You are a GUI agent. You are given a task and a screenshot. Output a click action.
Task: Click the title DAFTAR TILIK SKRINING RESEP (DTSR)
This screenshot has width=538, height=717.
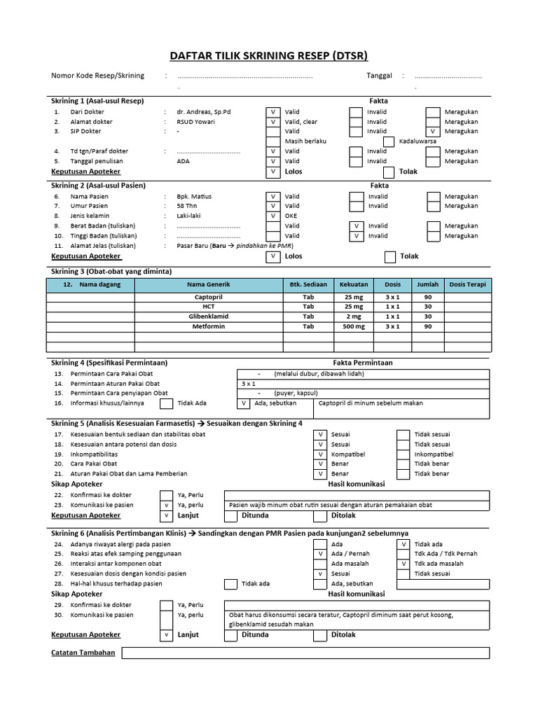click(x=269, y=56)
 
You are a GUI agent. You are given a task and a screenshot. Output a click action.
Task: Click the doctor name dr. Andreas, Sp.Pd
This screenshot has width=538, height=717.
click(x=204, y=111)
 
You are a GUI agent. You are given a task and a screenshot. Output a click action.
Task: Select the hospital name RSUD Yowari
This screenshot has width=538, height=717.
click(x=195, y=121)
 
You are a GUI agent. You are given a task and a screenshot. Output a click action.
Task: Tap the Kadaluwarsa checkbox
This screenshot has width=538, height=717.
click(x=389, y=141)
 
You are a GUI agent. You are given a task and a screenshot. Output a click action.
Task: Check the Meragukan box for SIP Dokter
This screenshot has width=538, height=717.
click(x=433, y=132)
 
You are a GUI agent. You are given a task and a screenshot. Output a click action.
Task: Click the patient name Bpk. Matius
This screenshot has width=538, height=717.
click(x=195, y=197)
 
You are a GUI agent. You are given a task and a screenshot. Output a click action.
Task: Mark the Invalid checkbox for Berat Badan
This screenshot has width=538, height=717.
click(x=357, y=226)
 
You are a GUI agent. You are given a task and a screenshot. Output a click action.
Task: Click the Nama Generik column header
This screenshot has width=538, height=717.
click(x=208, y=285)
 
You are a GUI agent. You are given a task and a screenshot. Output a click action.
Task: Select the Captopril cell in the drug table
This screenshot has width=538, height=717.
click(x=208, y=298)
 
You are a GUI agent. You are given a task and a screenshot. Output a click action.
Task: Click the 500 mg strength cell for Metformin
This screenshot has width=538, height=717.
click(x=353, y=327)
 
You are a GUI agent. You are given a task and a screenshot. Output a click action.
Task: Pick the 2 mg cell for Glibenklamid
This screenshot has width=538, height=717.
click(x=353, y=317)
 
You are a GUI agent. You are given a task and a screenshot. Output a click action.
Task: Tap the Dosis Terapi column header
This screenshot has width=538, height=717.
click(x=467, y=285)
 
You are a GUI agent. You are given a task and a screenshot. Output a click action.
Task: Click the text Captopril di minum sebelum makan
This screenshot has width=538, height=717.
click(x=371, y=403)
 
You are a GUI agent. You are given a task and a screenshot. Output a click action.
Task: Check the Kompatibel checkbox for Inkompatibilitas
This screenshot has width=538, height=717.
click(x=319, y=454)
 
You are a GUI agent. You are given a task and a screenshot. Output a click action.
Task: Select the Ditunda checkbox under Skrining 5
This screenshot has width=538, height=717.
click(x=230, y=516)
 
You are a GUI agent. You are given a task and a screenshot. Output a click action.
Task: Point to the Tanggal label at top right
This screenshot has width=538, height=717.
click(x=380, y=76)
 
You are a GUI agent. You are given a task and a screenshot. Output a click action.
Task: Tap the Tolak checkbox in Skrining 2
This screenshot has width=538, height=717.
click(x=389, y=257)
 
